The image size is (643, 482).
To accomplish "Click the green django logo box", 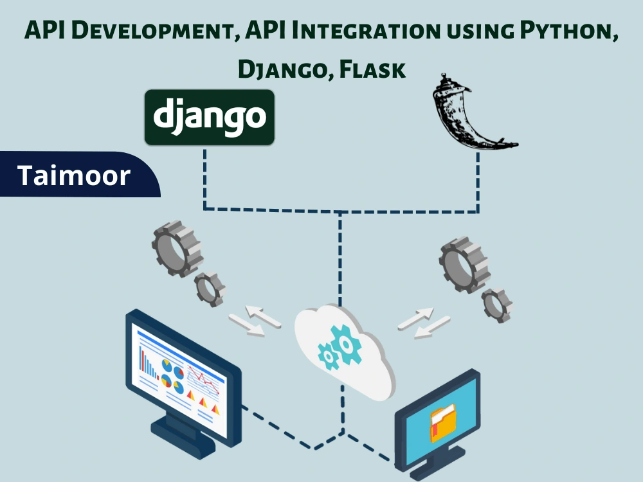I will pyautogui.click(x=210, y=117).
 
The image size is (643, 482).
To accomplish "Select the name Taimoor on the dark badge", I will pyautogui.click(x=74, y=175).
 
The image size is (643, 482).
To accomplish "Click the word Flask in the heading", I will pyautogui.click(x=374, y=69).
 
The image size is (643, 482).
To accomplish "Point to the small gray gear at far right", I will pyautogui.click(x=497, y=305).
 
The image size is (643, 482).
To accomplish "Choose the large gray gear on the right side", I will pyautogui.click(x=464, y=263).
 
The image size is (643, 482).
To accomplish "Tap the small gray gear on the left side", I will pyautogui.click(x=210, y=289).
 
